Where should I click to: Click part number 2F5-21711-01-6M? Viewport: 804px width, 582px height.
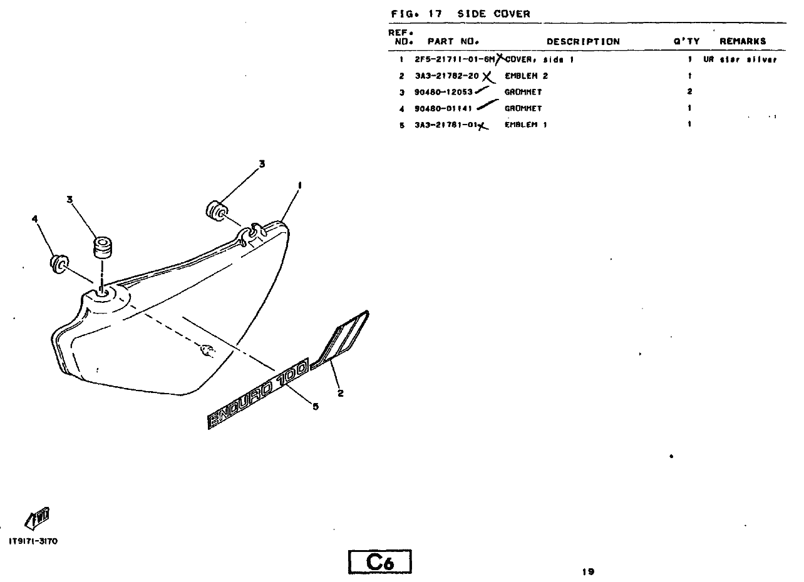pyautogui.click(x=455, y=60)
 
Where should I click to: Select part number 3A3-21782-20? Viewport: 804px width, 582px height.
pyautogui.click(x=446, y=76)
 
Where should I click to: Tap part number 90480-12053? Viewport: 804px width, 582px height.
pyautogui.click(x=443, y=92)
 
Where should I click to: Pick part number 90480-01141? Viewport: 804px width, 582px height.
pyautogui.click(x=443, y=108)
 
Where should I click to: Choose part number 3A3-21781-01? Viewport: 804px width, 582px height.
pyautogui.click(x=446, y=125)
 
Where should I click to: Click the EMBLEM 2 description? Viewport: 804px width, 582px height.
pyautogui.click(x=526, y=76)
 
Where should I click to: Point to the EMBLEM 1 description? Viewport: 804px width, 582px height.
pyautogui.click(x=526, y=125)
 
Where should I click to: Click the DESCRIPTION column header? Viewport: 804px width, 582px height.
pyautogui.click(x=583, y=42)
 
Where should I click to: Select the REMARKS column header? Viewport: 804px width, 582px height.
pyautogui.click(x=743, y=42)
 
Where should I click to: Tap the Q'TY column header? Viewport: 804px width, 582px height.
pyautogui.click(x=687, y=42)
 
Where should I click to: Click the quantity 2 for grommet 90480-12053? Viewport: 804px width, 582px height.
pyautogui.click(x=689, y=92)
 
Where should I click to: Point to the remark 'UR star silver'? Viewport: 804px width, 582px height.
pyautogui.click(x=740, y=60)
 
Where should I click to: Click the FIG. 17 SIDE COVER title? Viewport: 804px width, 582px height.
pyautogui.click(x=460, y=14)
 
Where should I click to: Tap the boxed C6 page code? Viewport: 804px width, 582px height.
pyautogui.click(x=380, y=562)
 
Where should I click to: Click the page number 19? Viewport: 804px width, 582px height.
pyautogui.click(x=587, y=571)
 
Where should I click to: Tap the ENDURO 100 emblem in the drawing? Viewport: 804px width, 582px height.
pyautogui.click(x=258, y=395)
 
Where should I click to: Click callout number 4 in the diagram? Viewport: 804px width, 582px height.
pyautogui.click(x=34, y=219)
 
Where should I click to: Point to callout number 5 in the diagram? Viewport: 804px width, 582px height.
pyautogui.click(x=316, y=407)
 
